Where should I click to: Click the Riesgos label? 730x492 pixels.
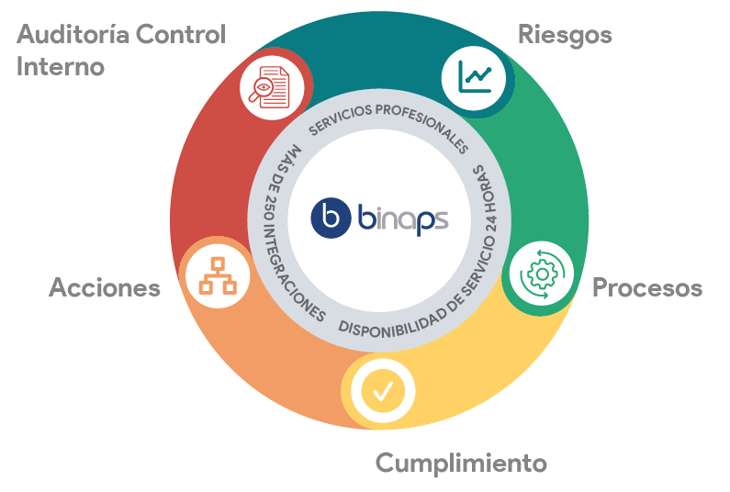pos(565,35)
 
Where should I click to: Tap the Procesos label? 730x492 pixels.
pos(646,287)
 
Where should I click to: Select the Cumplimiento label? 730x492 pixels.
pos(461,462)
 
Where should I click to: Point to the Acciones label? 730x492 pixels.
pos(105,287)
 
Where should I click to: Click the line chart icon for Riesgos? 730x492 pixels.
pos(474,75)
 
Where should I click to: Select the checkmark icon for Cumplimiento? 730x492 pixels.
pos(382,392)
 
